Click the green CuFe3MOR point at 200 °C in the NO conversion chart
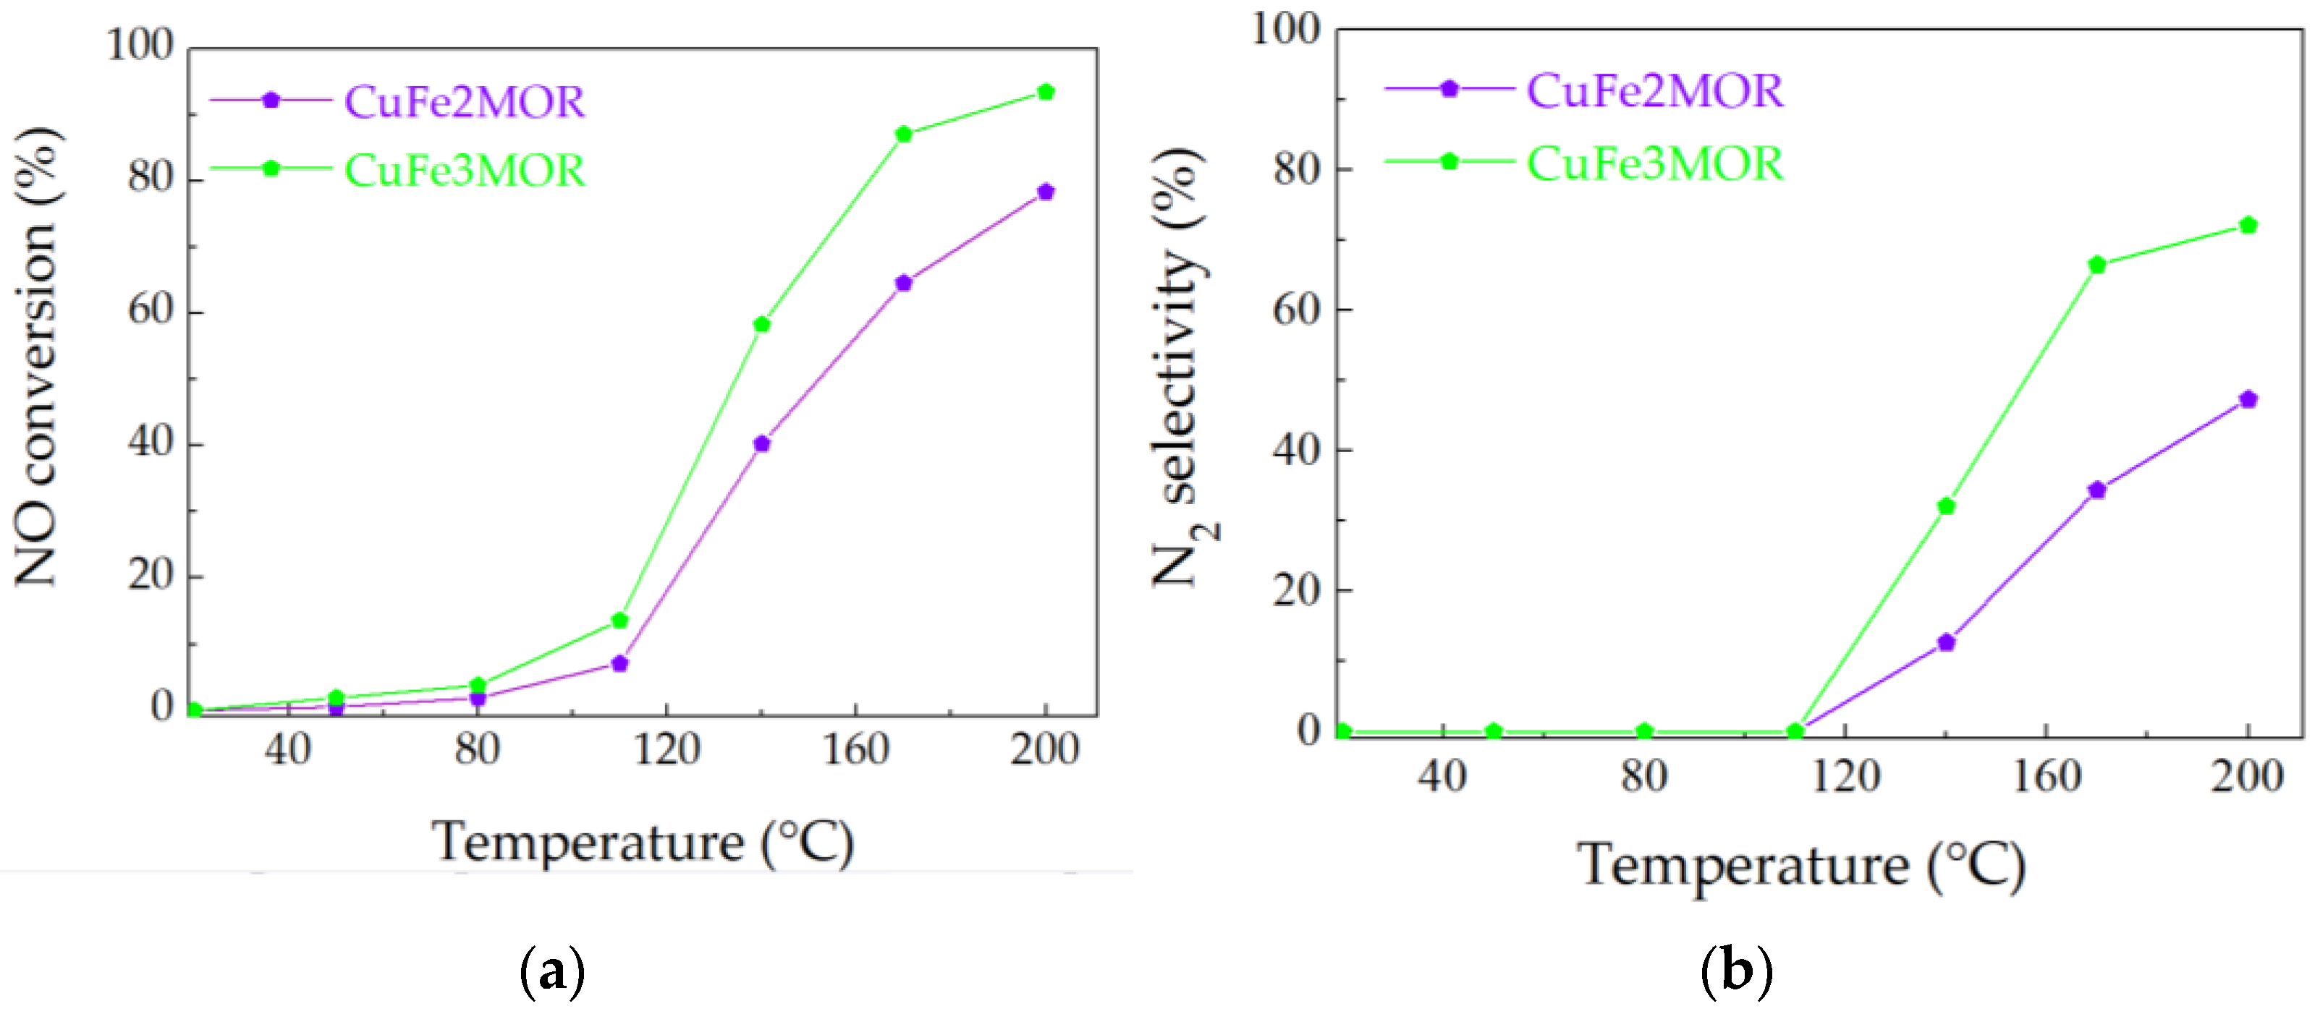point(1045,92)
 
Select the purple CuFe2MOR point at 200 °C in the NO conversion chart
point(1045,192)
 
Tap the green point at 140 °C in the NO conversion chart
point(762,324)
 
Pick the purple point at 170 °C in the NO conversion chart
point(904,283)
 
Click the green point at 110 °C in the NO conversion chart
point(619,621)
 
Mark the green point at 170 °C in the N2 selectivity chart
point(2097,265)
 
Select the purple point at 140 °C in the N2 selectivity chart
point(1947,643)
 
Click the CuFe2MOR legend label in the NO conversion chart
point(465,101)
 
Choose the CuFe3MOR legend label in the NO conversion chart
point(465,171)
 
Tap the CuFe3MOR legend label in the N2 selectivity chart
point(1655,163)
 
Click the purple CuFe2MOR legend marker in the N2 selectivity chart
point(1449,89)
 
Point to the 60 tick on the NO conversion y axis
point(150,311)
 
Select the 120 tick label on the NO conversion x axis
point(666,748)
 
